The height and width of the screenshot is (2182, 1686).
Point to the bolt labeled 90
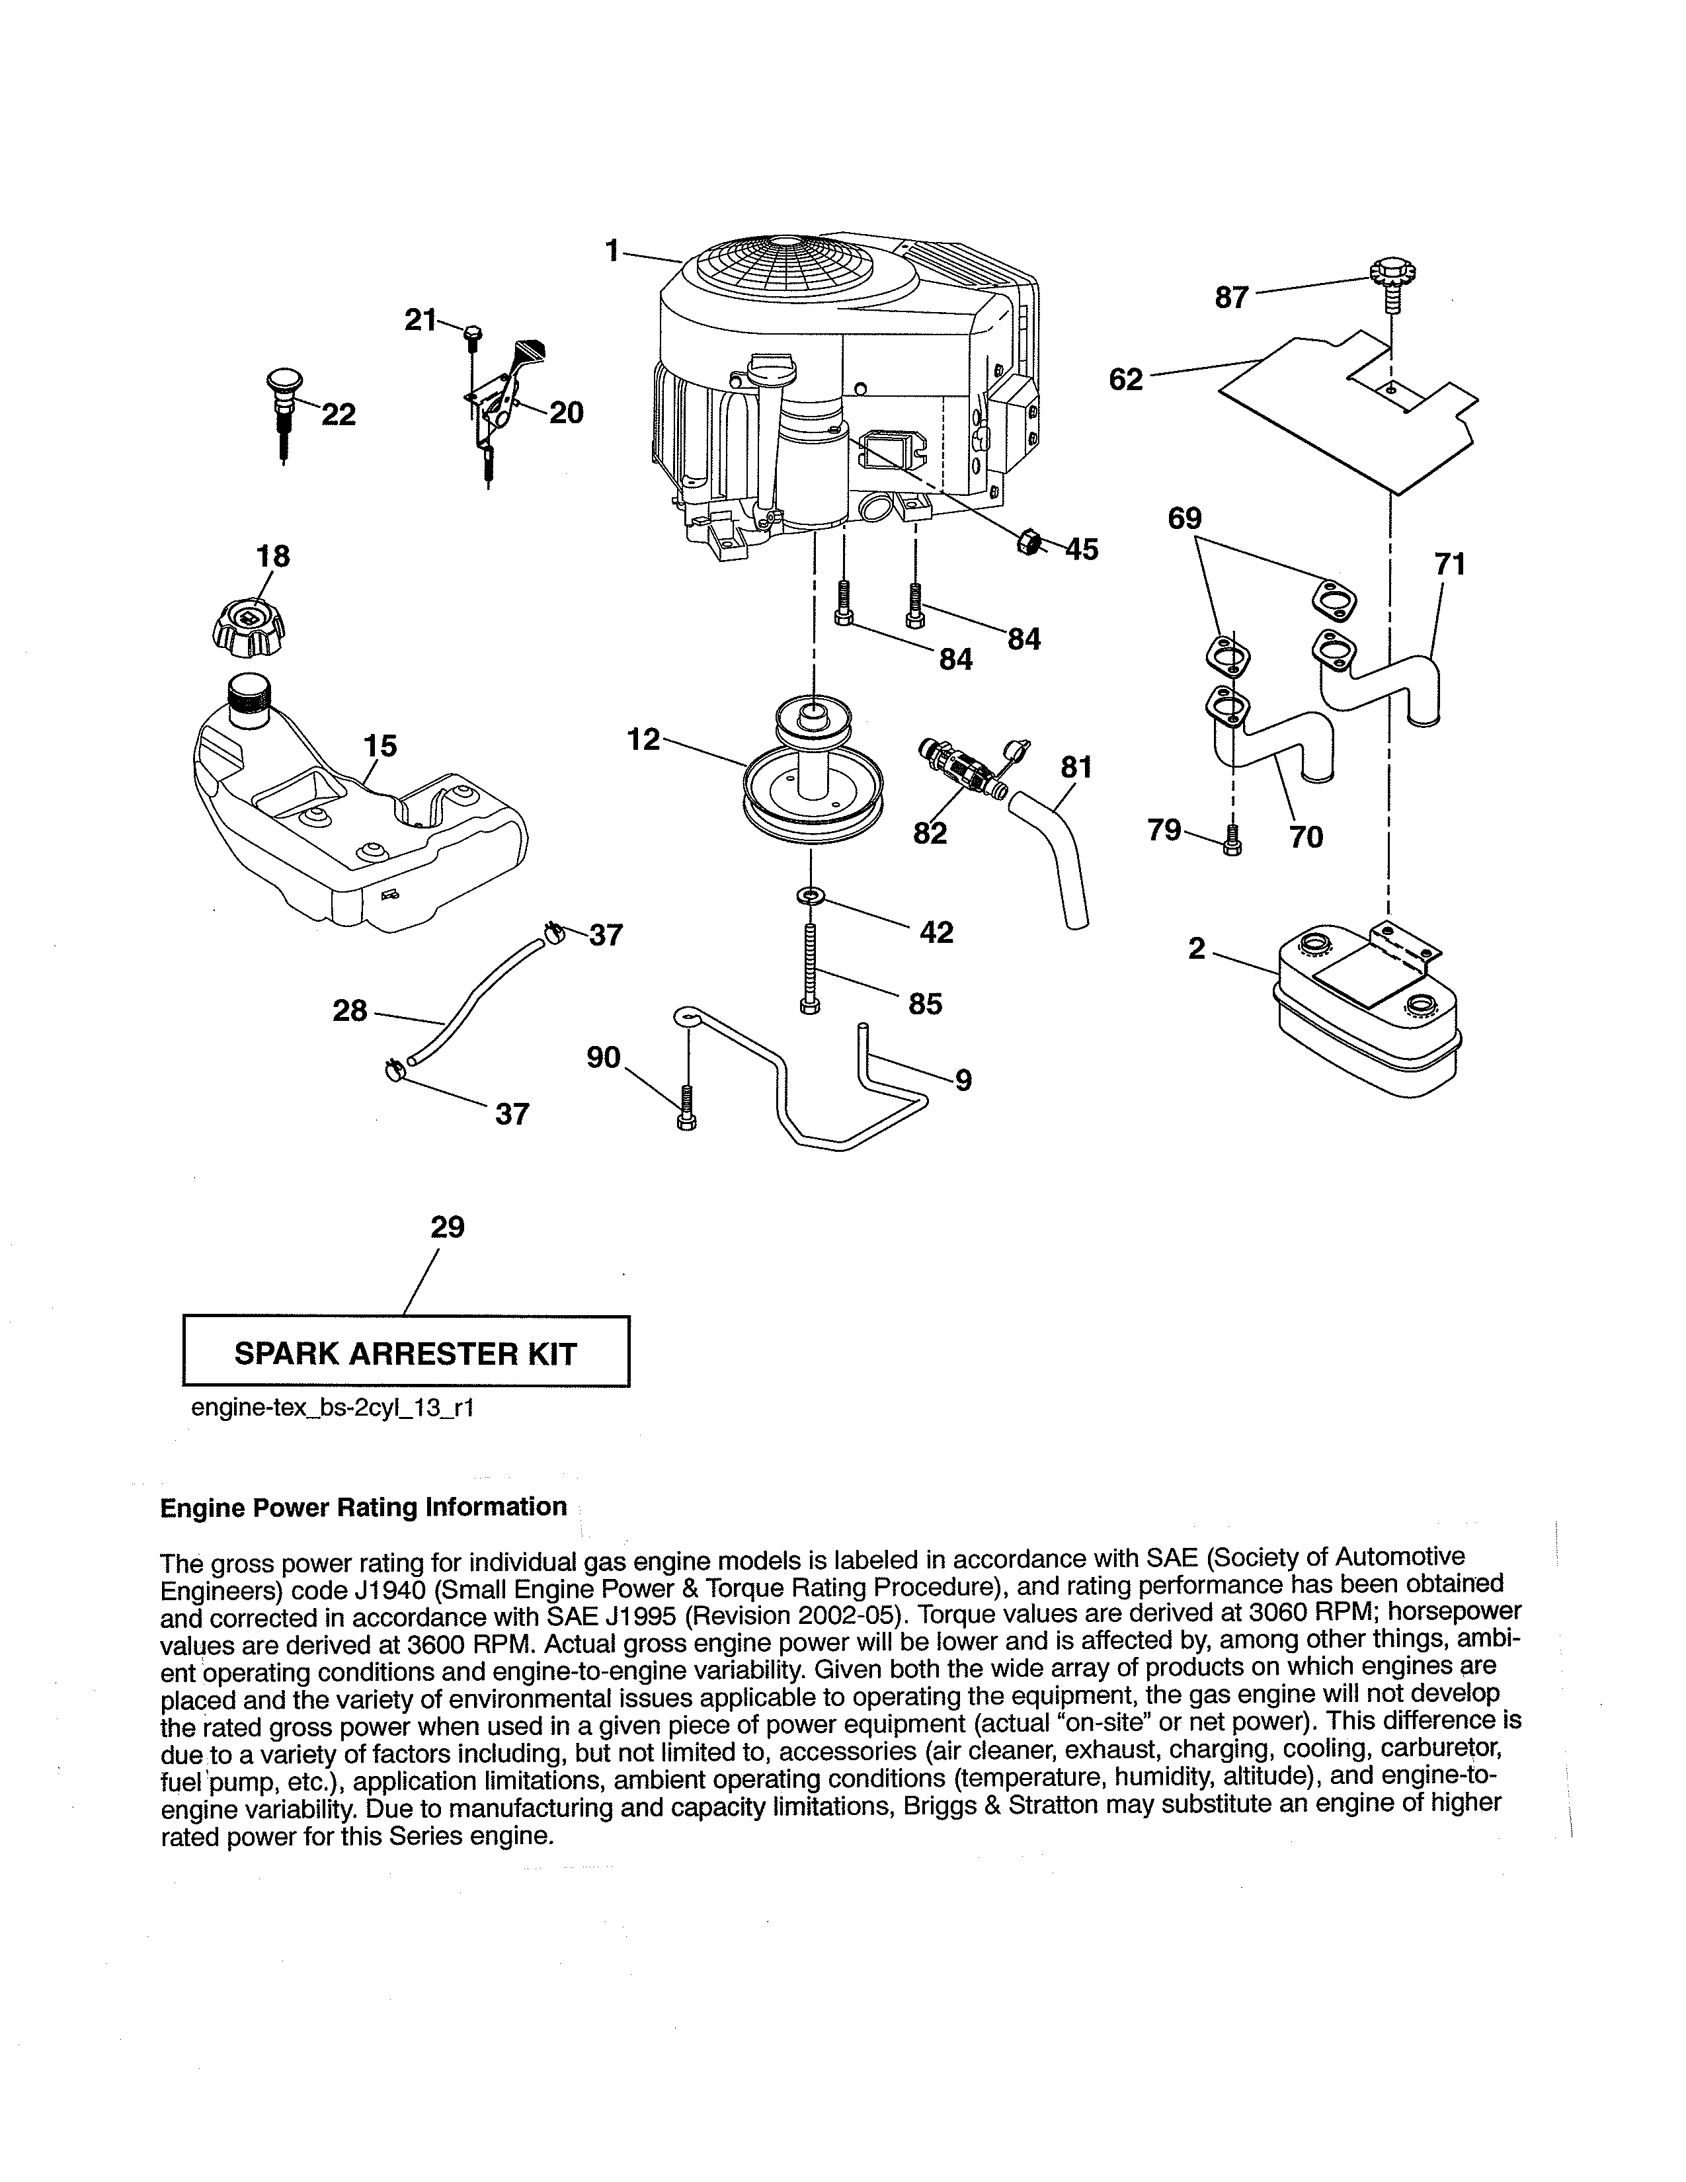pyautogui.click(x=687, y=1106)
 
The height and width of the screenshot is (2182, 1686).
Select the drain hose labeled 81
pyautogui.click(x=1054, y=849)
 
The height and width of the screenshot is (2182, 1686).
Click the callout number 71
pyautogui.click(x=1449, y=565)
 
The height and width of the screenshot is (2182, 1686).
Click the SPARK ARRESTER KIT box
pyautogui.click(x=405, y=1354)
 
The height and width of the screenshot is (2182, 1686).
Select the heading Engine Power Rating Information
pyautogui.click(x=364, y=1507)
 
